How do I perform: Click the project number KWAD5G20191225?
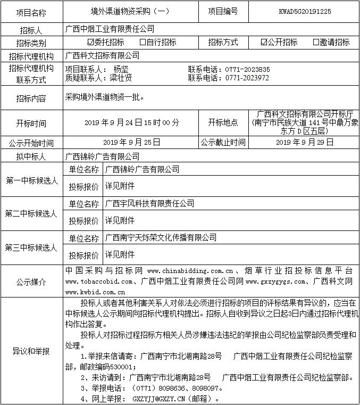click(305, 11)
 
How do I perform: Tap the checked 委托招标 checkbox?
click(90, 42)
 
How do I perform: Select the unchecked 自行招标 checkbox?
click(143, 42)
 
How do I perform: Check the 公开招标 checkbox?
click(264, 42)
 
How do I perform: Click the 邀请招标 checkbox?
click(316, 42)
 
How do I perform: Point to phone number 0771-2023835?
click(247, 69)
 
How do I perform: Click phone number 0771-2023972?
click(247, 78)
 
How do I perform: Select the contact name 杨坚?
click(121, 69)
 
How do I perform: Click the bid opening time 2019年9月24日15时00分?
click(131, 122)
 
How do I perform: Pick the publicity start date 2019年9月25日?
click(131, 142)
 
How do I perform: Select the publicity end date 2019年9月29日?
click(305, 142)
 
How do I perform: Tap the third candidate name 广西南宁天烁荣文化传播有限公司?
click(161, 237)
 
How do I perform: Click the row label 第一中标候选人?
click(31, 180)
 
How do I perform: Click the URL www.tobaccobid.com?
click(98, 281)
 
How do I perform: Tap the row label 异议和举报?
click(31, 351)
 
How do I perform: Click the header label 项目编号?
click(223, 11)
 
